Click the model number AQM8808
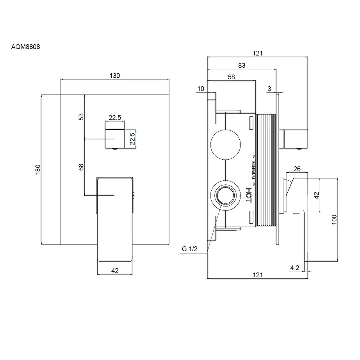click(25, 47)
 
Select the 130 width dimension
click(114, 75)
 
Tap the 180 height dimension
click(38, 169)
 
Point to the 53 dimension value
click(81, 117)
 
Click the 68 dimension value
click(81, 167)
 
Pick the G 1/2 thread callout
click(190, 249)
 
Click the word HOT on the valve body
click(249, 195)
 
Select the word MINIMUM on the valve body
click(253, 170)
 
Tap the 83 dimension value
click(242, 66)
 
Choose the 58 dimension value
click(231, 77)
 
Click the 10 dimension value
click(201, 89)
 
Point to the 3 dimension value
click(269, 89)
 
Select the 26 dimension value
click(297, 169)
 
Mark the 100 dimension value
click(334, 220)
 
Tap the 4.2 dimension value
click(295, 268)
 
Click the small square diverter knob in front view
click(115, 139)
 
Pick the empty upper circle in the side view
click(225, 144)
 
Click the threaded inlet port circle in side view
click(225, 196)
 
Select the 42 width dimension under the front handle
click(115, 271)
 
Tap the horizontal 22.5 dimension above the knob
click(115, 118)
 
